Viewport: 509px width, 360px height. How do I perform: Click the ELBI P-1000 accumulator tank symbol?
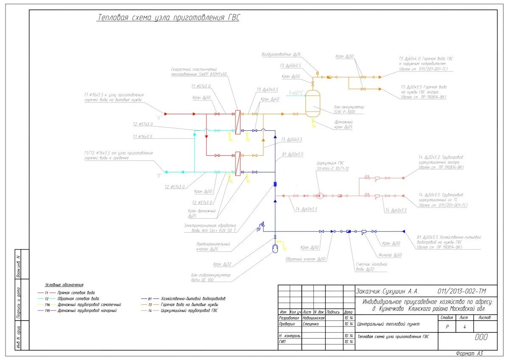tap(313, 103)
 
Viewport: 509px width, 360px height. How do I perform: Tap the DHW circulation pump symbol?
tap(319, 196)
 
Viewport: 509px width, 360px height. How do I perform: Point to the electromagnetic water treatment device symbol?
tap(275, 184)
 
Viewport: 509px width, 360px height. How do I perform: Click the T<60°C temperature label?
tap(296, 93)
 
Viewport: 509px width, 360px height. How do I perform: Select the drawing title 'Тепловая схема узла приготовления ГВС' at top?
tap(168, 18)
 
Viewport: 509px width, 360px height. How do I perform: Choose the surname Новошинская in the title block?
tap(314, 318)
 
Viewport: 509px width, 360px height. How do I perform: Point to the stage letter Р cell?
tap(447, 327)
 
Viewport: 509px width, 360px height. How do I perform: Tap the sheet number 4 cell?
tap(465, 327)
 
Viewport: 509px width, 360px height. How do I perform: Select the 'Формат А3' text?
tap(469, 353)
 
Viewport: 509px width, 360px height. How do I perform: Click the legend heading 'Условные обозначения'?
tap(64, 284)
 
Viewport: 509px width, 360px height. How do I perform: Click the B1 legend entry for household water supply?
tap(193, 298)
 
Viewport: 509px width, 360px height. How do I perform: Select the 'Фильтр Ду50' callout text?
tap(390, 255)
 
